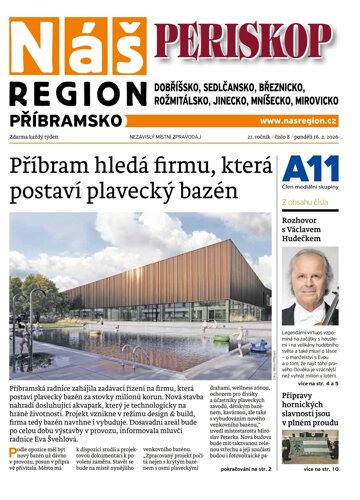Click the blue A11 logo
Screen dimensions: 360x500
click(303, 168)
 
